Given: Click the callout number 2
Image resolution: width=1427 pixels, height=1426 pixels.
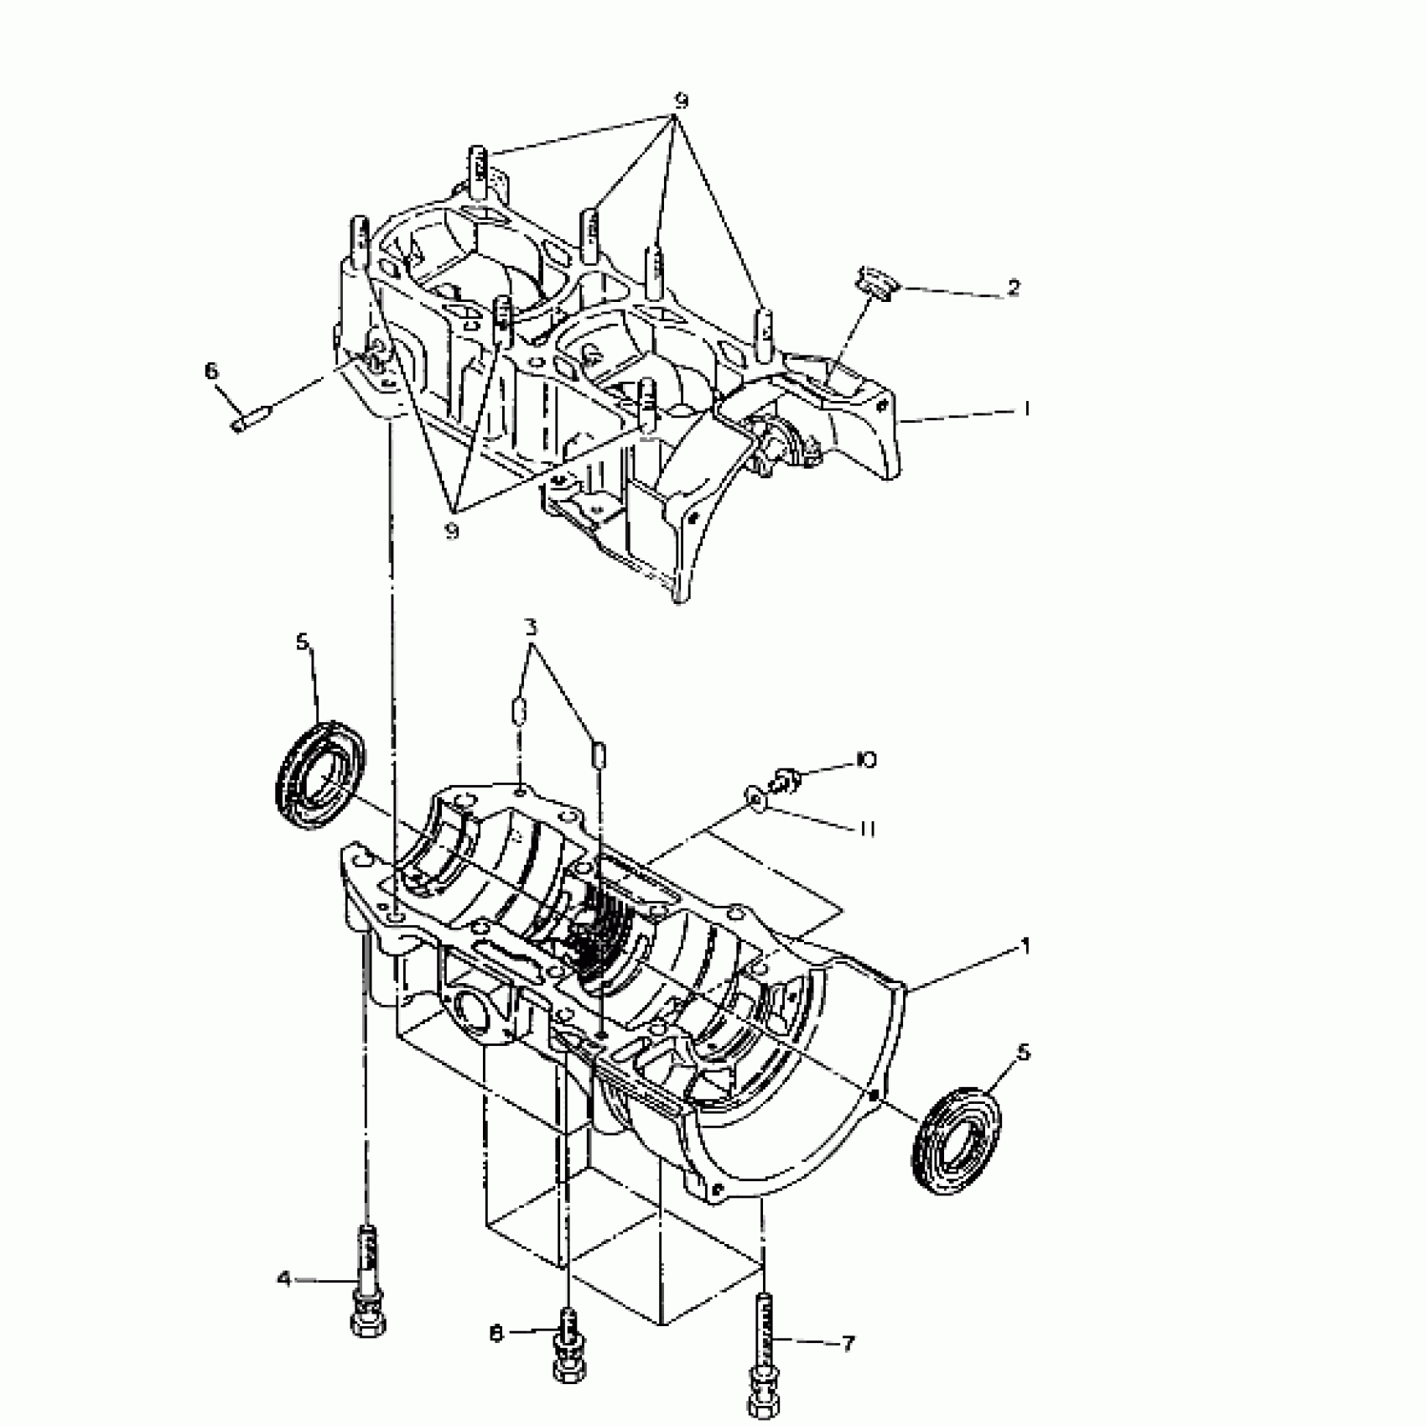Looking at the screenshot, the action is click(x=1013, y=288).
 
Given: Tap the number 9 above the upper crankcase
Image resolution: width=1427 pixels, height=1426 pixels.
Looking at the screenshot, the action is click(x=681, y=101).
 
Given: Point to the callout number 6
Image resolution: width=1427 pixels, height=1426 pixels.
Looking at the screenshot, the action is click(x=211, y=370).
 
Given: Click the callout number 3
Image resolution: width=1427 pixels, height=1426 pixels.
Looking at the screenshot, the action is click(x=532, y=627).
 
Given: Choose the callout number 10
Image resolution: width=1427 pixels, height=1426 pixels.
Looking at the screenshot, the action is click(x=866, y=760).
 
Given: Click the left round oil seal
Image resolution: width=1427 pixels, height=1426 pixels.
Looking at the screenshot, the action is click(x=320, y=776).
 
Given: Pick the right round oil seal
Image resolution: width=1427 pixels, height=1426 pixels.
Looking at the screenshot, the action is click(x=957, y=1138).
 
